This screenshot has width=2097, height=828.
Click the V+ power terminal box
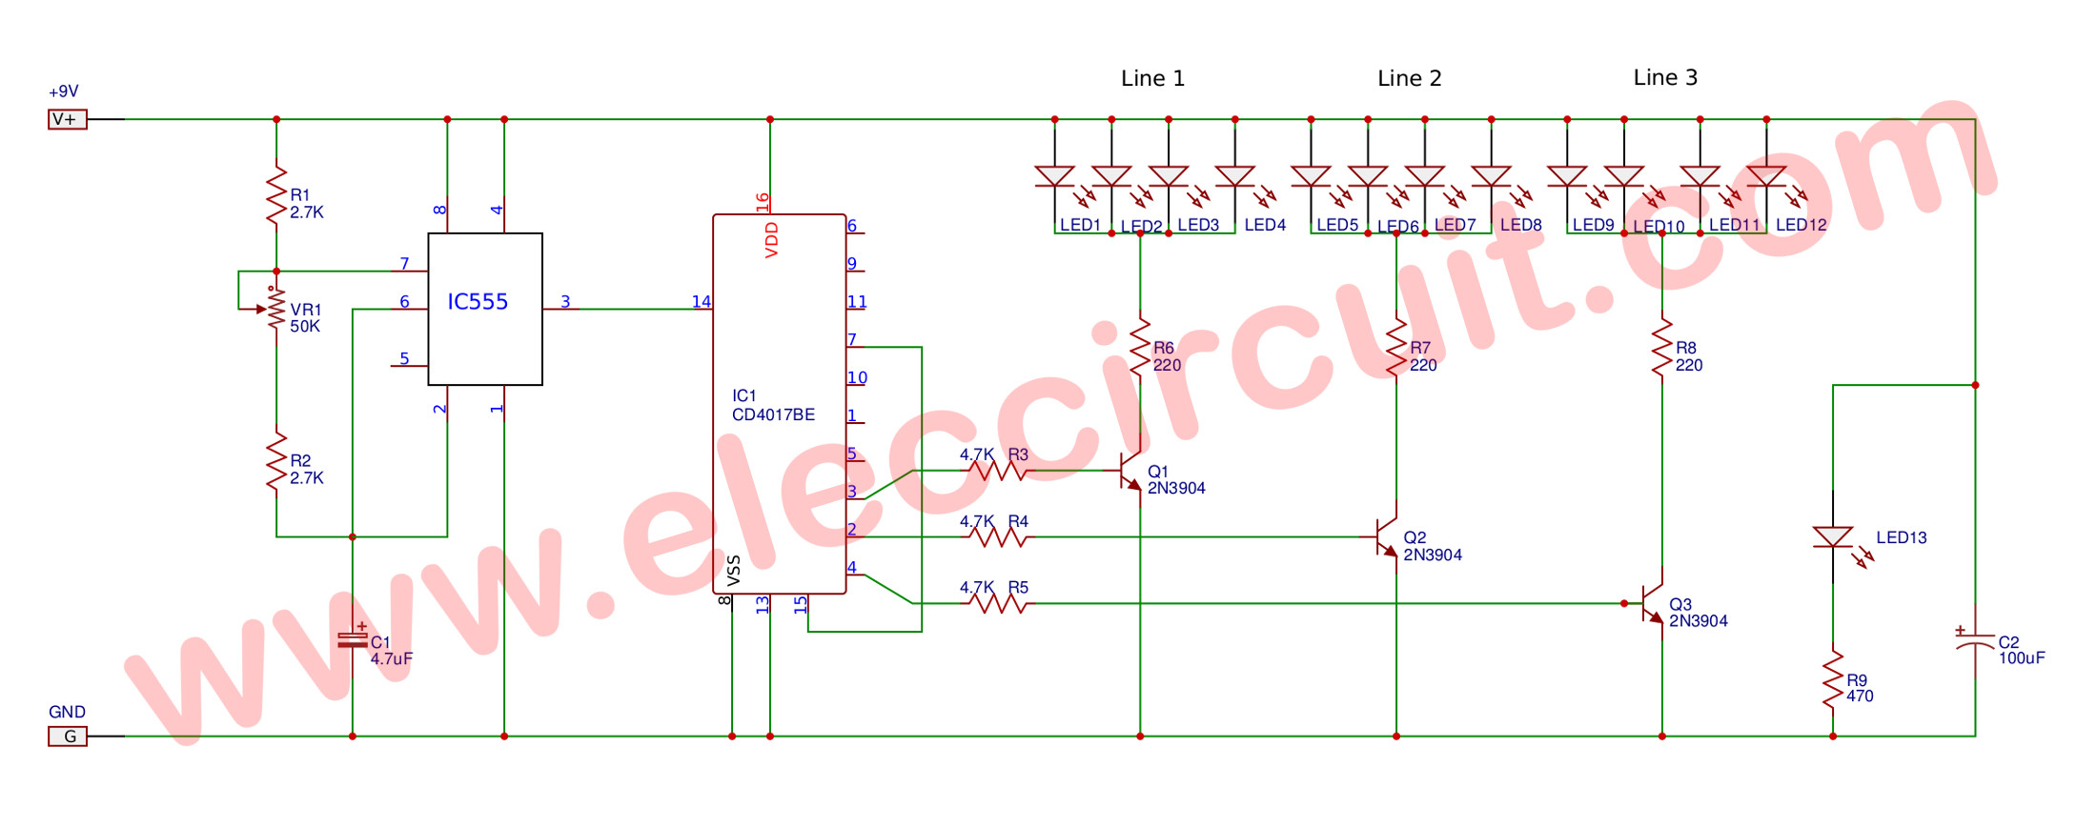(x=68, y=119)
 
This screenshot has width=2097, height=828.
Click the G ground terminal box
(x=68, y=737)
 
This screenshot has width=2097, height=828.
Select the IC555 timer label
(x=478, y=302)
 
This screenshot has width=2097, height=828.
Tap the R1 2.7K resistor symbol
(x=276, y=195)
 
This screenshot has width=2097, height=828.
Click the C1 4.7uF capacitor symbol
(x=353, y=640)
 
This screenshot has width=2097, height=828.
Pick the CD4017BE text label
(x=773, y=414)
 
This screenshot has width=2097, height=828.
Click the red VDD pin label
(x=772, y=240)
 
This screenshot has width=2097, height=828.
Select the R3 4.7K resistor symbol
(x=996, y=471)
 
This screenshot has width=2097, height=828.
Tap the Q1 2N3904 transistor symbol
(x=1131, y=471)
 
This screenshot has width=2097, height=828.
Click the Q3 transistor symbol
(x=1653, y=603)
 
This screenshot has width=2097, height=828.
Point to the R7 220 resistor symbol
(x=1396, y=348)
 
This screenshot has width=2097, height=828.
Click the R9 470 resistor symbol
(x=1833, y=679)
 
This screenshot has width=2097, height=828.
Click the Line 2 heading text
(x=1409, y=78)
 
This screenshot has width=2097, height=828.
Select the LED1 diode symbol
(x=1055, y=176)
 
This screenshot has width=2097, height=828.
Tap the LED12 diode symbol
(x=1766, y=176)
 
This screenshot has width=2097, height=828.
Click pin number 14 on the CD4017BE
(x=701, y=301)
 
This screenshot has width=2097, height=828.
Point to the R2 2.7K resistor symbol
(x=276, y=461)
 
